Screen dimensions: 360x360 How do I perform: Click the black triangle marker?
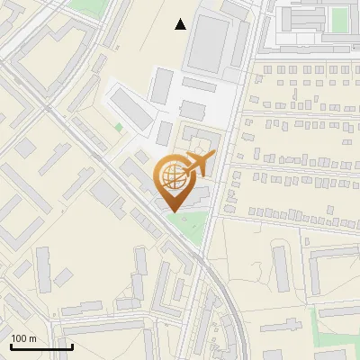point(181,24)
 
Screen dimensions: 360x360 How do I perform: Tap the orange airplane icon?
point(198,165)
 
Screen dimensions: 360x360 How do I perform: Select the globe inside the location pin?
point(171,176)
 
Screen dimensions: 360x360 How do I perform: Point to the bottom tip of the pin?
point(172,211)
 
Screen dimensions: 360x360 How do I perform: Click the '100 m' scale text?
point(23,338)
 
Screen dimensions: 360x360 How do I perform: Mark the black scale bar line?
point(41,346)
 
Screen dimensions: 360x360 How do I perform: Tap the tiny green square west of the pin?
point(118,128)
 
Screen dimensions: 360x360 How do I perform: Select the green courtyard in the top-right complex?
point(338,20)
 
